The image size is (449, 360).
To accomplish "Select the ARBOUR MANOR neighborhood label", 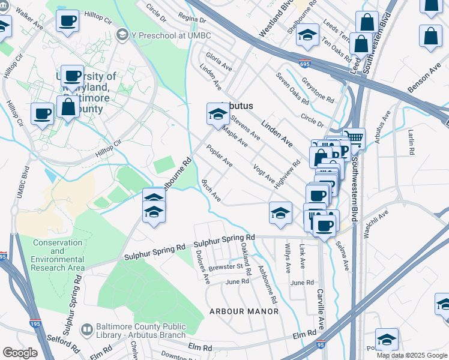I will (244, 311).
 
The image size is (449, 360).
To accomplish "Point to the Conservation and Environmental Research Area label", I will (58, 255).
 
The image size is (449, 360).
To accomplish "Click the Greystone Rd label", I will (318, 88).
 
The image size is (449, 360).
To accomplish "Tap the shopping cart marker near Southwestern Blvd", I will (354, 139).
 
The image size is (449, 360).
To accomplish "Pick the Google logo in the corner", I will (20, 353).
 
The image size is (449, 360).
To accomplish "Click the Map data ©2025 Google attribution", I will (412, 355).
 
